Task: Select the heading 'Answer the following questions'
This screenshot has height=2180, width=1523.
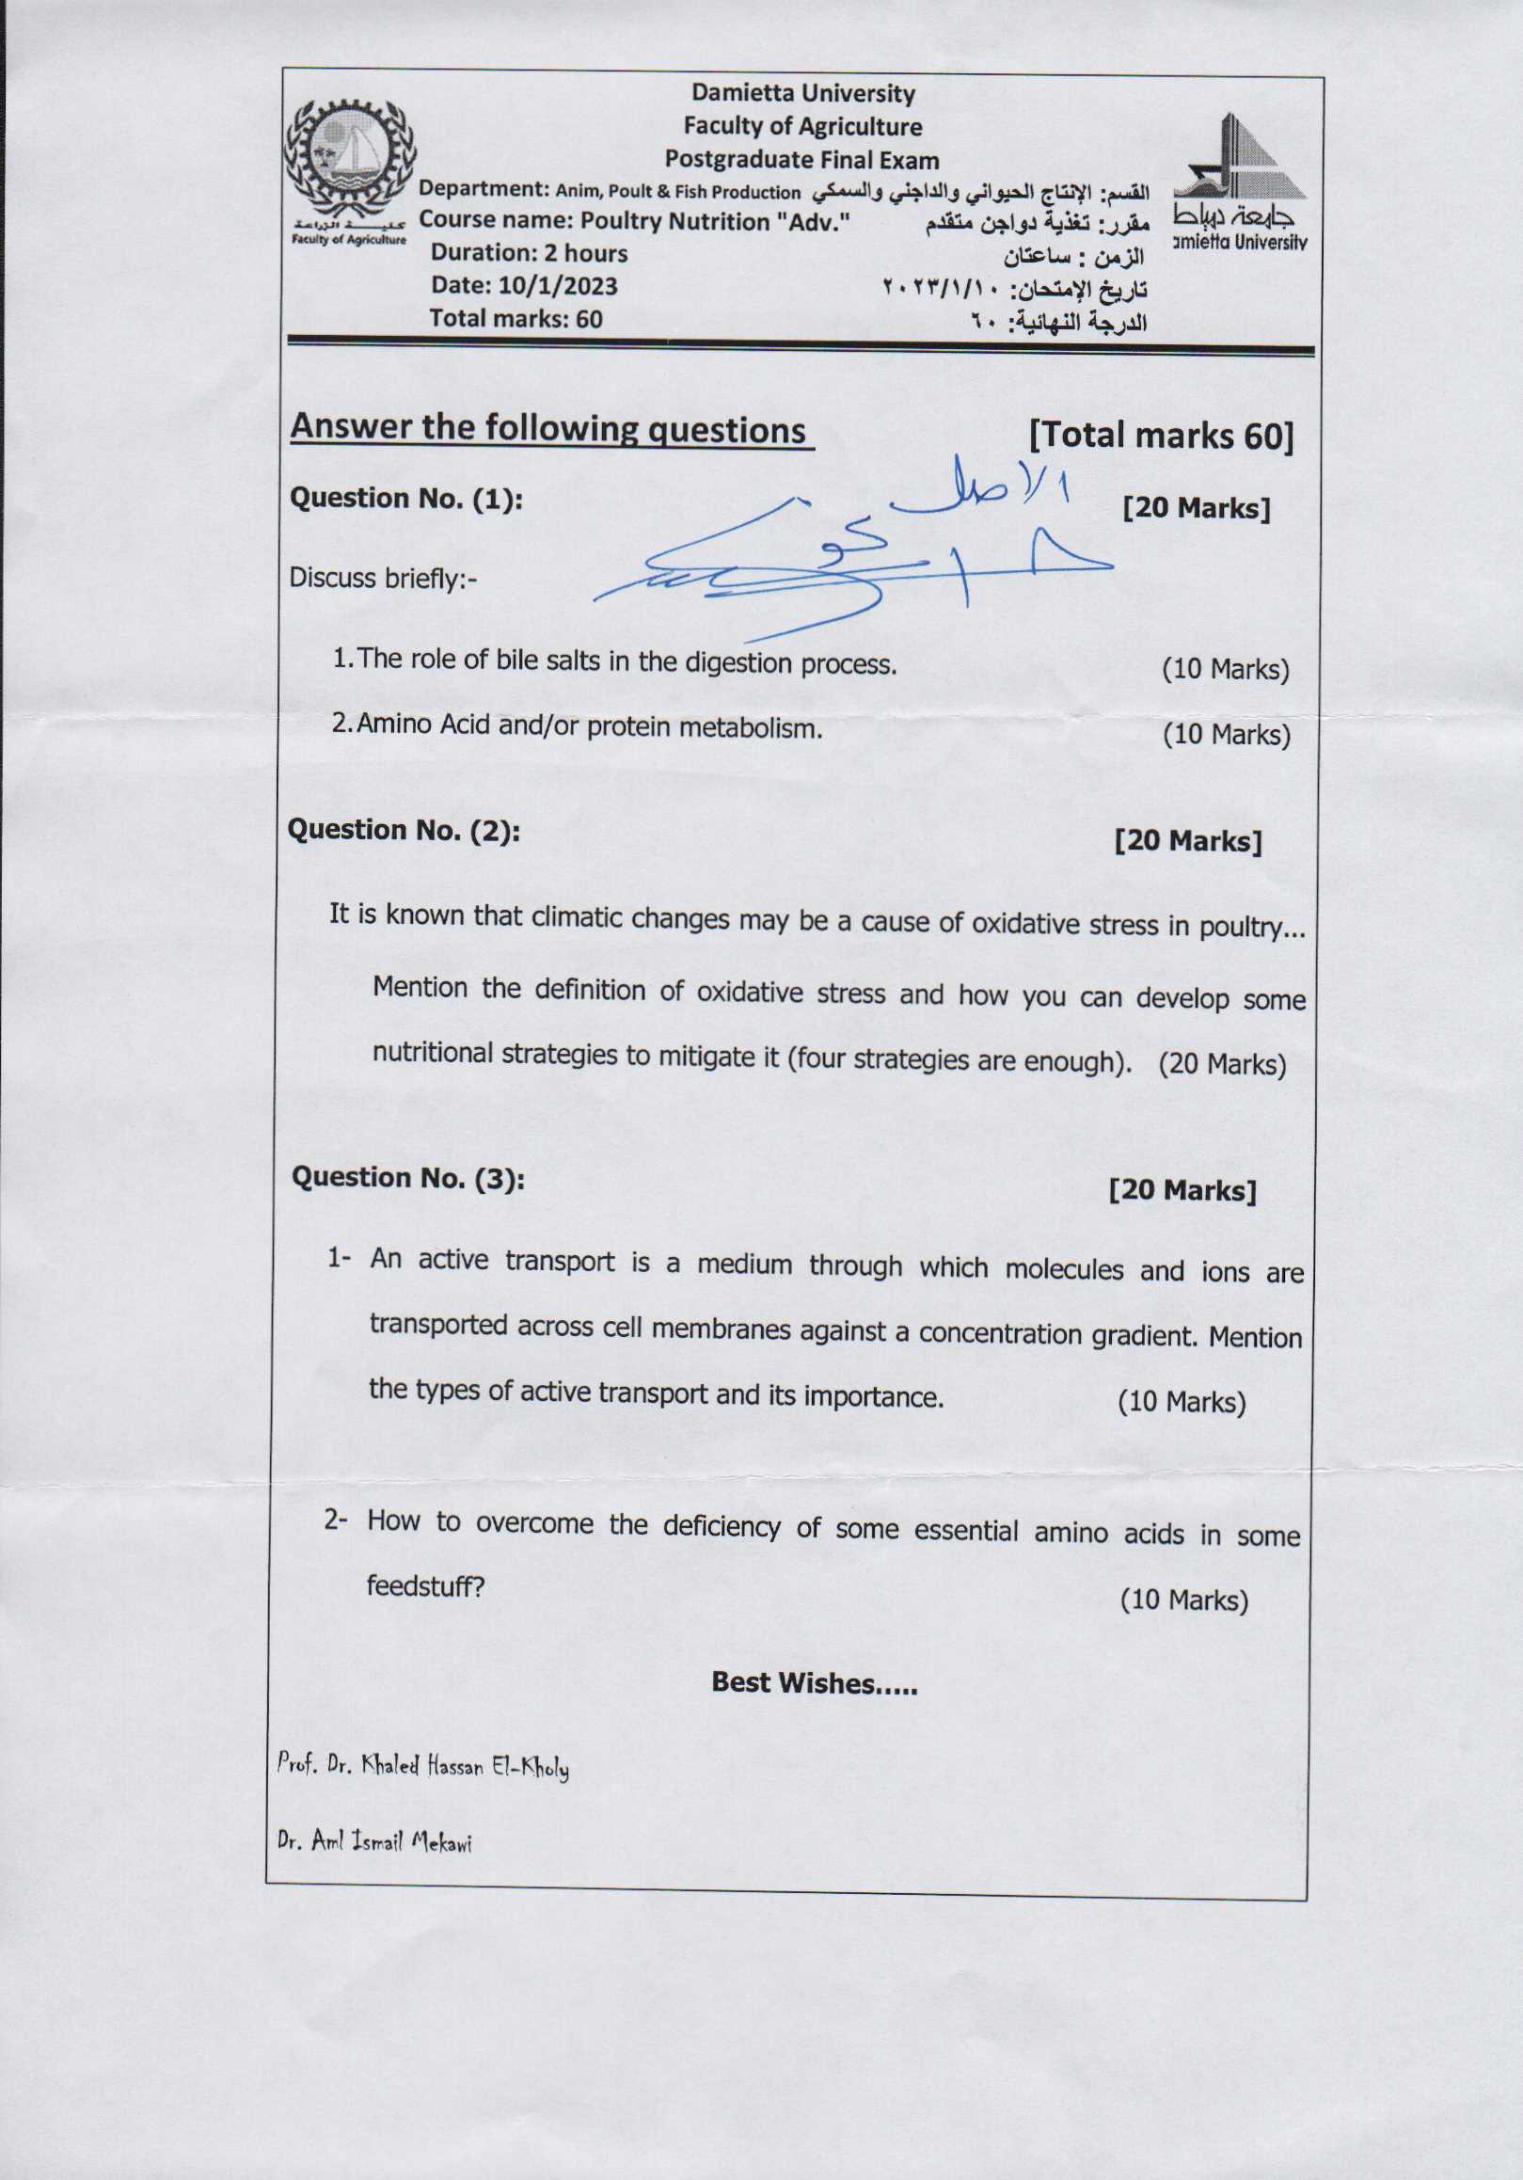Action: [548, 429]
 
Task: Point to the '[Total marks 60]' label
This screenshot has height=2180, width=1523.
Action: [1161, 436]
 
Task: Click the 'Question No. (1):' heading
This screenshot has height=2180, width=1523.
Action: [406, 499]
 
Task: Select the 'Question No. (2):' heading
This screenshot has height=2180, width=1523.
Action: [404, 830]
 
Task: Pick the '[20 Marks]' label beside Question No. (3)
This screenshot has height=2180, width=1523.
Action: [1182, 1189]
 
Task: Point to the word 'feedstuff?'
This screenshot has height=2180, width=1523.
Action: [425, 1586]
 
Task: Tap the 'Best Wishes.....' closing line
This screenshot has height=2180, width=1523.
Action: [814, 1683]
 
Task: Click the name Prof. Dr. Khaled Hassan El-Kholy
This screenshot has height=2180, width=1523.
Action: [422, 1767]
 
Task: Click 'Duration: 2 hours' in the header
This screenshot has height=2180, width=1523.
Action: [529, 253]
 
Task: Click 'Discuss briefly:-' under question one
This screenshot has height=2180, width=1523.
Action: [383, 578]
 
